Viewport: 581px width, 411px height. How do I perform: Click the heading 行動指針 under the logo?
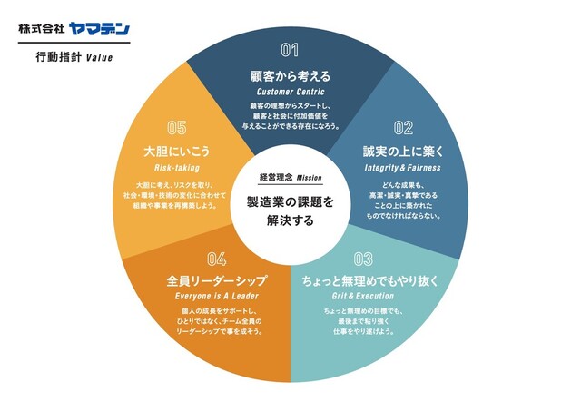[56, 57]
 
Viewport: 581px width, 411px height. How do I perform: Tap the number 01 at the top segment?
[290, 50]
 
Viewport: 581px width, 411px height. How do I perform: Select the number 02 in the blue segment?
[402, 128]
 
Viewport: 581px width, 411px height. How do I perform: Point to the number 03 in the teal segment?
[363, 258]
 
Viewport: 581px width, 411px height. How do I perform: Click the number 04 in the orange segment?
[216, 258]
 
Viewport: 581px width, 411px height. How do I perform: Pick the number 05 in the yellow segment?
[177, 128]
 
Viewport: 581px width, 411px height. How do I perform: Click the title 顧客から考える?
[290, 75]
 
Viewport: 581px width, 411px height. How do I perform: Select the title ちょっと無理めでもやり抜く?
[369, 281]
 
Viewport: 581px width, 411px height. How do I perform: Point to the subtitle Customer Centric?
[290, 93]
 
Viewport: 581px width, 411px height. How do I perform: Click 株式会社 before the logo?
[41, 28]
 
